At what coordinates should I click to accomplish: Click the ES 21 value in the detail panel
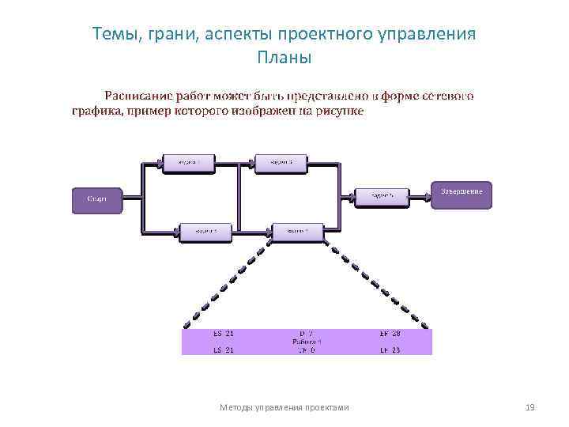pos(223,334)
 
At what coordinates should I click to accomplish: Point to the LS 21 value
pos(223,350)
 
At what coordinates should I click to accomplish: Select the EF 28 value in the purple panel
pos(390,334)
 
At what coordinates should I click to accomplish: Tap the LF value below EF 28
pos(390,350)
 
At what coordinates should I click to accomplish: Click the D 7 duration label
pos(307,334)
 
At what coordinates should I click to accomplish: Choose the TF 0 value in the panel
pos(307,350)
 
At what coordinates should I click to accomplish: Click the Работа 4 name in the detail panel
pos(307,342)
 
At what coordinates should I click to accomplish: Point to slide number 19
pos(530,407)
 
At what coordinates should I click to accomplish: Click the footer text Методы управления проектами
pos(284,407)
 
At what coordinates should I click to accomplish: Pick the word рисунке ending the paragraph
pos(340,111)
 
